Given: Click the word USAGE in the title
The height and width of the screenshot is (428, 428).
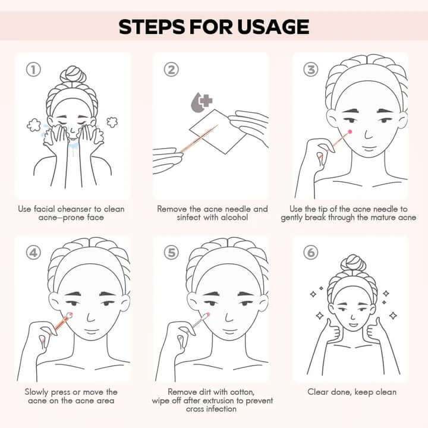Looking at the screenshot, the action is pyautogui.click(x=273, y=27).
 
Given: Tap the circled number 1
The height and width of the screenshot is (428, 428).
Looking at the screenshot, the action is pyautogui.click(x=33, y=70).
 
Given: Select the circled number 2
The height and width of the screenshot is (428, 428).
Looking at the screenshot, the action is pyautogui.click(x=171, y=70).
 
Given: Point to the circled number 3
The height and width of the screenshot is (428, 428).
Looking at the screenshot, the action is pyautogui.click(x=311, y=70).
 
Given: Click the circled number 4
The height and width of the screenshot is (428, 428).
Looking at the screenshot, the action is pyautogui.click(x=33, y=253).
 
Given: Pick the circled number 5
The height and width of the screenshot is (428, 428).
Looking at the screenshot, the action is pyautogui.click(x=171, y=253).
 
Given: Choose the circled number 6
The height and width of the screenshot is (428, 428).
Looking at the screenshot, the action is pyautogui.click(x=311, y=253).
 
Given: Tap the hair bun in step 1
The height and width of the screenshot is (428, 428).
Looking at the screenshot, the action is pyautogui.click(x=73, y=74).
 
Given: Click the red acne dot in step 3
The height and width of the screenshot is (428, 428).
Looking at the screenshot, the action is pyautogui.click(x=350, y=132).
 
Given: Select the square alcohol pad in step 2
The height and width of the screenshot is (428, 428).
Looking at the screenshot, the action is pyautogui.click(x=218, y=131).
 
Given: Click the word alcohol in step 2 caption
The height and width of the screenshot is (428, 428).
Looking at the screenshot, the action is pyautogui.click(x=234, y=218).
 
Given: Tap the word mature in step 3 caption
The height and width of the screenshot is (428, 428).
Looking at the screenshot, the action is pyautogui.click(x=382, y=218).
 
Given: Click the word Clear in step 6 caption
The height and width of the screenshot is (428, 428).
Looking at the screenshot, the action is pyautogui.click(x=317, y=392).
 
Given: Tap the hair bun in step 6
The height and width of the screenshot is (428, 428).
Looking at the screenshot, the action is pyautogui.click(x=353, y=263).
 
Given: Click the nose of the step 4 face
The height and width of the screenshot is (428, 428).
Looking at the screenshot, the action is pyautogui.click(x=90, y=317).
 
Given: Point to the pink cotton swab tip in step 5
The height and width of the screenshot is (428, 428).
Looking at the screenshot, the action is pyautogui.click(x=206, y=315).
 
